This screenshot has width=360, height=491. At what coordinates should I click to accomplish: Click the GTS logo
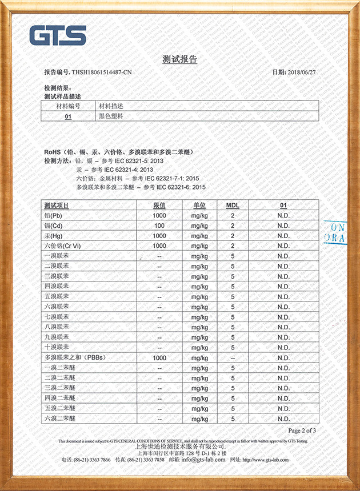click(58, 35)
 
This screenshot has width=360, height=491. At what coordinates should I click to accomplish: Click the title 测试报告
click(179, 59)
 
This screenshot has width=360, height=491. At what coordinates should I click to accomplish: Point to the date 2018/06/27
click(302, 73)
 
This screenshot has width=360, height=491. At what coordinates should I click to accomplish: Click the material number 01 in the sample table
click(68, 116)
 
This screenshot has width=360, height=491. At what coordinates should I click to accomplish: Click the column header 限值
click(159, 205)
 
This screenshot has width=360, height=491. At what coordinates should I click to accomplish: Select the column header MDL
click(233, 205)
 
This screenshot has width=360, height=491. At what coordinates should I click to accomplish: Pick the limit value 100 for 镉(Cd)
click(159, 226)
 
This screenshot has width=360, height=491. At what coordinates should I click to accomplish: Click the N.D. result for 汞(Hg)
click(283, 236)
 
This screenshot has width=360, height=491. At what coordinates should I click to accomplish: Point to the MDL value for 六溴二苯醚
click(233, 419)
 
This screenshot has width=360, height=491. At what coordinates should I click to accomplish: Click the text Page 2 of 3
click(302, 430)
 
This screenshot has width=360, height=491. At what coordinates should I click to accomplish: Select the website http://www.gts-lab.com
click(265, 460)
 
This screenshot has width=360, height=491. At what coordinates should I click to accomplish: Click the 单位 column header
click(199, 205)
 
